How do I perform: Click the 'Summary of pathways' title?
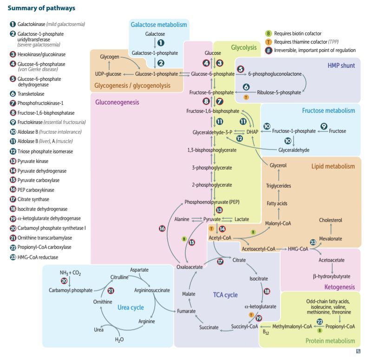click(x=41, y=8)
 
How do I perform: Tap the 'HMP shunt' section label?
click(x=341, y=65)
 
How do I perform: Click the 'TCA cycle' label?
click(x=225, y=295)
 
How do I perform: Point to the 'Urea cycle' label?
click(x=131, y=308)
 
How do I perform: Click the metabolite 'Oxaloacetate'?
click(x=190, y=267)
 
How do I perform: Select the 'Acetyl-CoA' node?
click(x=220, y=238)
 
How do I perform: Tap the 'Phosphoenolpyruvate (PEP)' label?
click(x=212, y=202)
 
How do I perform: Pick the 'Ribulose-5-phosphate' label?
click(x=279, y=92)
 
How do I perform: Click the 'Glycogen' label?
click(x=110, y=57)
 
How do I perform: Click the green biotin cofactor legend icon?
click(x=268, y=33)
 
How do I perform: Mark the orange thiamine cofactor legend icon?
click(x=268, y=42)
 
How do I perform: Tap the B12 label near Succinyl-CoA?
click(x=266, y=332)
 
